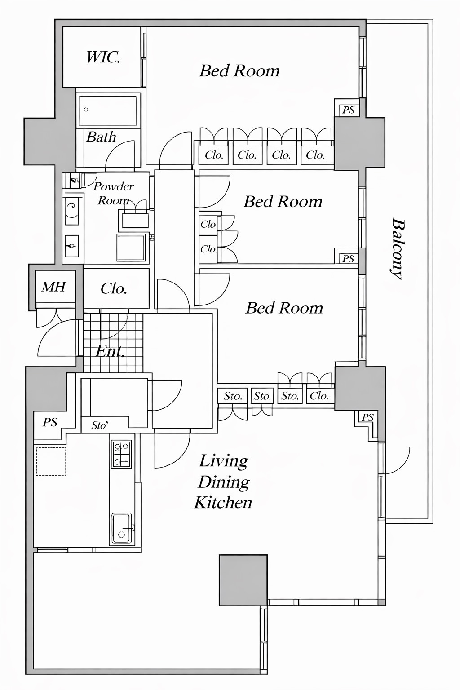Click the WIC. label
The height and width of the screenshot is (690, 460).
[x=103, y=57]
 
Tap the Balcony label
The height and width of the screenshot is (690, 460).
[x=398, y=249]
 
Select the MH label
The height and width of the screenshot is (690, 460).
[x=54, y=287]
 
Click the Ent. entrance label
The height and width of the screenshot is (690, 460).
[x=110, y=351]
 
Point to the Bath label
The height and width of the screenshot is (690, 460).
[x=101, y=137]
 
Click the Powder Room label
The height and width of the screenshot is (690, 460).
[x=113, y=193]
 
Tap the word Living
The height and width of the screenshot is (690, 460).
[x=224, y=462]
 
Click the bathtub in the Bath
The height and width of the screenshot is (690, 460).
[x=107, y=111]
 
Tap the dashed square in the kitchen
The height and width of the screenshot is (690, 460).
[x=51, y=462]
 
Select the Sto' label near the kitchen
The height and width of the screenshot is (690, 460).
[x=100, y=425]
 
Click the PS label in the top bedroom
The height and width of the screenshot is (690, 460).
[x=349, y=110]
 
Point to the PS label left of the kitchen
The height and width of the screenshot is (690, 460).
[x=50, y=422]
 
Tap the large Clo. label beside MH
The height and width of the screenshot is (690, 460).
[x=114, y=289]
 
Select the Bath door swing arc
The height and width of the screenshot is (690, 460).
[x=120, y=155]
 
